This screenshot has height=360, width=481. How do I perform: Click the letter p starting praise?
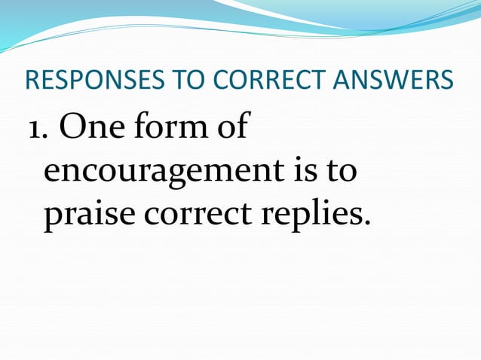click(x=53, y=219)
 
